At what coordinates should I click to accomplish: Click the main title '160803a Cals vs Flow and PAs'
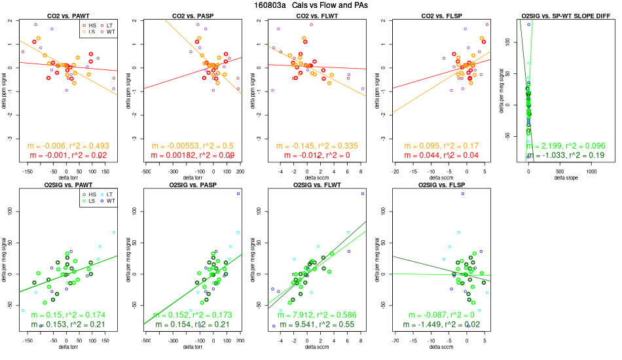click(x=310, y=5)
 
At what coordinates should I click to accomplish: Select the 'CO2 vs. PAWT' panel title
click(x=67, y=15)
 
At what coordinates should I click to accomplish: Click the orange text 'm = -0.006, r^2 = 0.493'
click(x=67, y=145)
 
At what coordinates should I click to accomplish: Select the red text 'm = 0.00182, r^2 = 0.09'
click(x=191, y=155)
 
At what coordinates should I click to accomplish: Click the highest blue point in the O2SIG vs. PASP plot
click(x=238, y=194)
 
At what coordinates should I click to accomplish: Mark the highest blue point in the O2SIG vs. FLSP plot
click(x=463, y=194)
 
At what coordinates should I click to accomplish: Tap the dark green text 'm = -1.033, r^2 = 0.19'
click(x=567, y=155)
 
